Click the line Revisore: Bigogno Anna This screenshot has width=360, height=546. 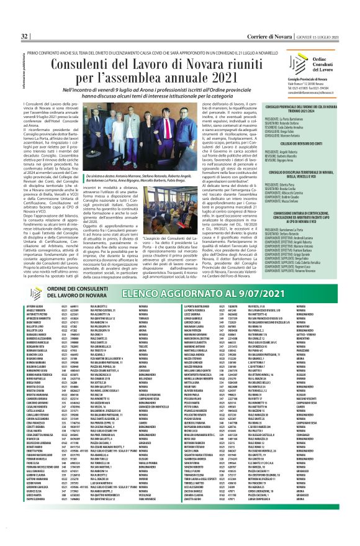(280, 160)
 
